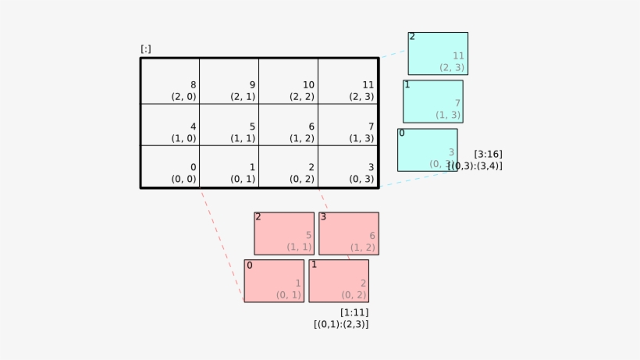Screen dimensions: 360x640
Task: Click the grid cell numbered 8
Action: pyautogui.click(x=170, y=81)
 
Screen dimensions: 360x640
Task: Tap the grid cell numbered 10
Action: pyautogui.click(x=289, y=81)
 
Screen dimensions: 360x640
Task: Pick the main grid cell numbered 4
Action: pyautogui.click(x=170, y=125)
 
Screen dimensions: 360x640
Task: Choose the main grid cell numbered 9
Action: pyautogui.click(x=229, y=81)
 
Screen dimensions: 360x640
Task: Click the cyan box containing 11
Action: pyautogui.click(x=438, y=54)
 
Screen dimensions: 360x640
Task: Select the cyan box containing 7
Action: pyautogui.click(x=433, y=102)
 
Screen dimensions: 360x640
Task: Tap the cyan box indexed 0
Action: pyautogui.click(x=427, y=150)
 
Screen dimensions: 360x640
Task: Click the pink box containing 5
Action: pyautogui.click(x=284, y=233)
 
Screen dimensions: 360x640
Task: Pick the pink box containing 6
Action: pyautogui.click(x=349, y=233)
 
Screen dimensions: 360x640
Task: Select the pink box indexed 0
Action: pyautogui.click(x=274, y=281)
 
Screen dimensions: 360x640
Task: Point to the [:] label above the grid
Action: pyautogui.click(x=146, y=49)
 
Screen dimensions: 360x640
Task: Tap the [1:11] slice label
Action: pyautogui.click(x=354, y=312)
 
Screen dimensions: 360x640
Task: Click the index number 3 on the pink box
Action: pyautogui.click(x=323, y=217)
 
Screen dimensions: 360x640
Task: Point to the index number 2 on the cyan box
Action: pyautogui.click(x=412, y=37)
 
